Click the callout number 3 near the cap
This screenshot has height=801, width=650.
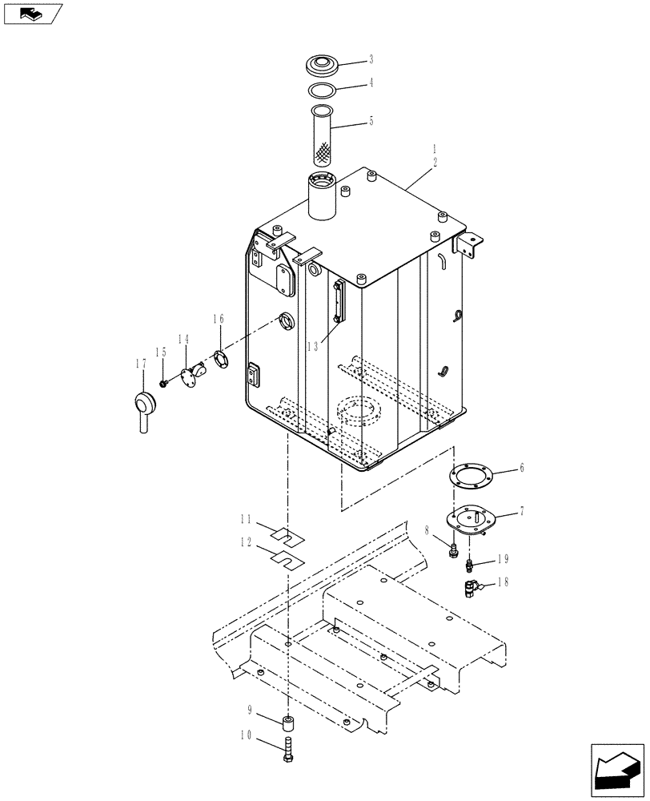click(371, 58)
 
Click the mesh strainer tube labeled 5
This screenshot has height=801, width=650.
click(325, 136)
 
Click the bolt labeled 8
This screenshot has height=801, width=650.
click(454, 549)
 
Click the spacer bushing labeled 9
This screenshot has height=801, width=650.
click(287, 724)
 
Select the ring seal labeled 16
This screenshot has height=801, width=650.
click(220, 359)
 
